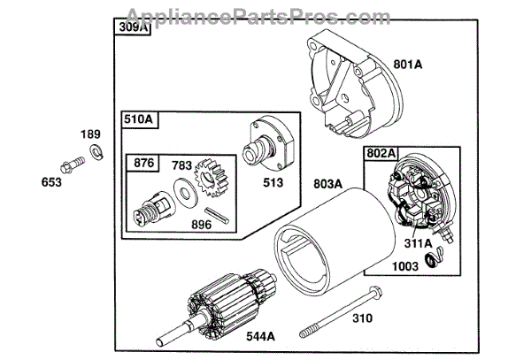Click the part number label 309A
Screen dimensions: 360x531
[x=131, y=28]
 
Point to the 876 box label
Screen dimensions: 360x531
[x=144, y=163]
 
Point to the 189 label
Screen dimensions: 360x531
[x=92, y=134]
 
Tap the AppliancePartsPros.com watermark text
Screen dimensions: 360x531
[x=265, y=12]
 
